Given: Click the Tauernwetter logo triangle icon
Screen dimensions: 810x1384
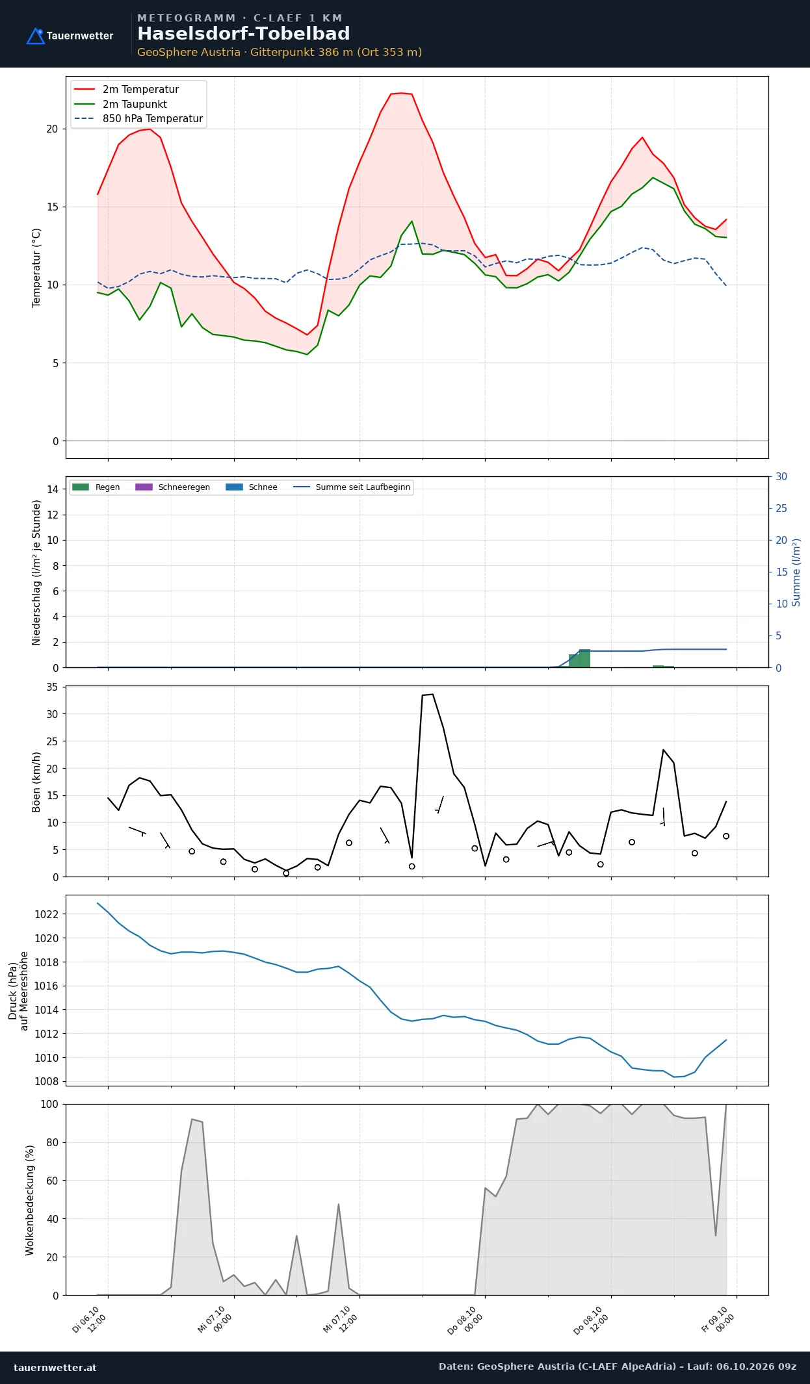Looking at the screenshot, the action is coord(35,36).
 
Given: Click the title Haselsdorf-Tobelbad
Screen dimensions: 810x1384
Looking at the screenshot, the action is coord(244,34).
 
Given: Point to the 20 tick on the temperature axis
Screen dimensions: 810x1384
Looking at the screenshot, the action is coord(52,129).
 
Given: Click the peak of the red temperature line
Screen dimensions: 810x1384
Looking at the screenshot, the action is coord(401,93).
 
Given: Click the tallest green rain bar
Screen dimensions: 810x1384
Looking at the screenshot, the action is coord(584,658).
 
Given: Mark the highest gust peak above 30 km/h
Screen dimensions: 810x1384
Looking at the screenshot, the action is coord(432,695).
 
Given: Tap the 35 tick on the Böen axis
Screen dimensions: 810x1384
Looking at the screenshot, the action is coord(52,687).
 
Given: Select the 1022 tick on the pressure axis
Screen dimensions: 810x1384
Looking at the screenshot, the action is coord(46,914).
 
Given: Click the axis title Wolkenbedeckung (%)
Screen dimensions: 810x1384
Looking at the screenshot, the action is coord(30,1200).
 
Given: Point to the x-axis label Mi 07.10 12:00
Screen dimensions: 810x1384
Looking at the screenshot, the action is coord(340,1320).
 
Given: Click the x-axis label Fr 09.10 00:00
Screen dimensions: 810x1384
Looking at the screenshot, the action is coord(718,1320).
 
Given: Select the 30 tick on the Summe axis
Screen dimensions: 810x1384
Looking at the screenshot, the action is coord(781,477).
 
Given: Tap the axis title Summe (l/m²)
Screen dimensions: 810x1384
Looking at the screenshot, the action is coord(796,572).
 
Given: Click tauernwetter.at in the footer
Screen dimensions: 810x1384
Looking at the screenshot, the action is coord(55,1368).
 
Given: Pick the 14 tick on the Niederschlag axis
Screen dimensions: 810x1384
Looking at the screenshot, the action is coord(52,489).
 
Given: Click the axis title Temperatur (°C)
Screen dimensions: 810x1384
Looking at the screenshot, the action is coord(36,268).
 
